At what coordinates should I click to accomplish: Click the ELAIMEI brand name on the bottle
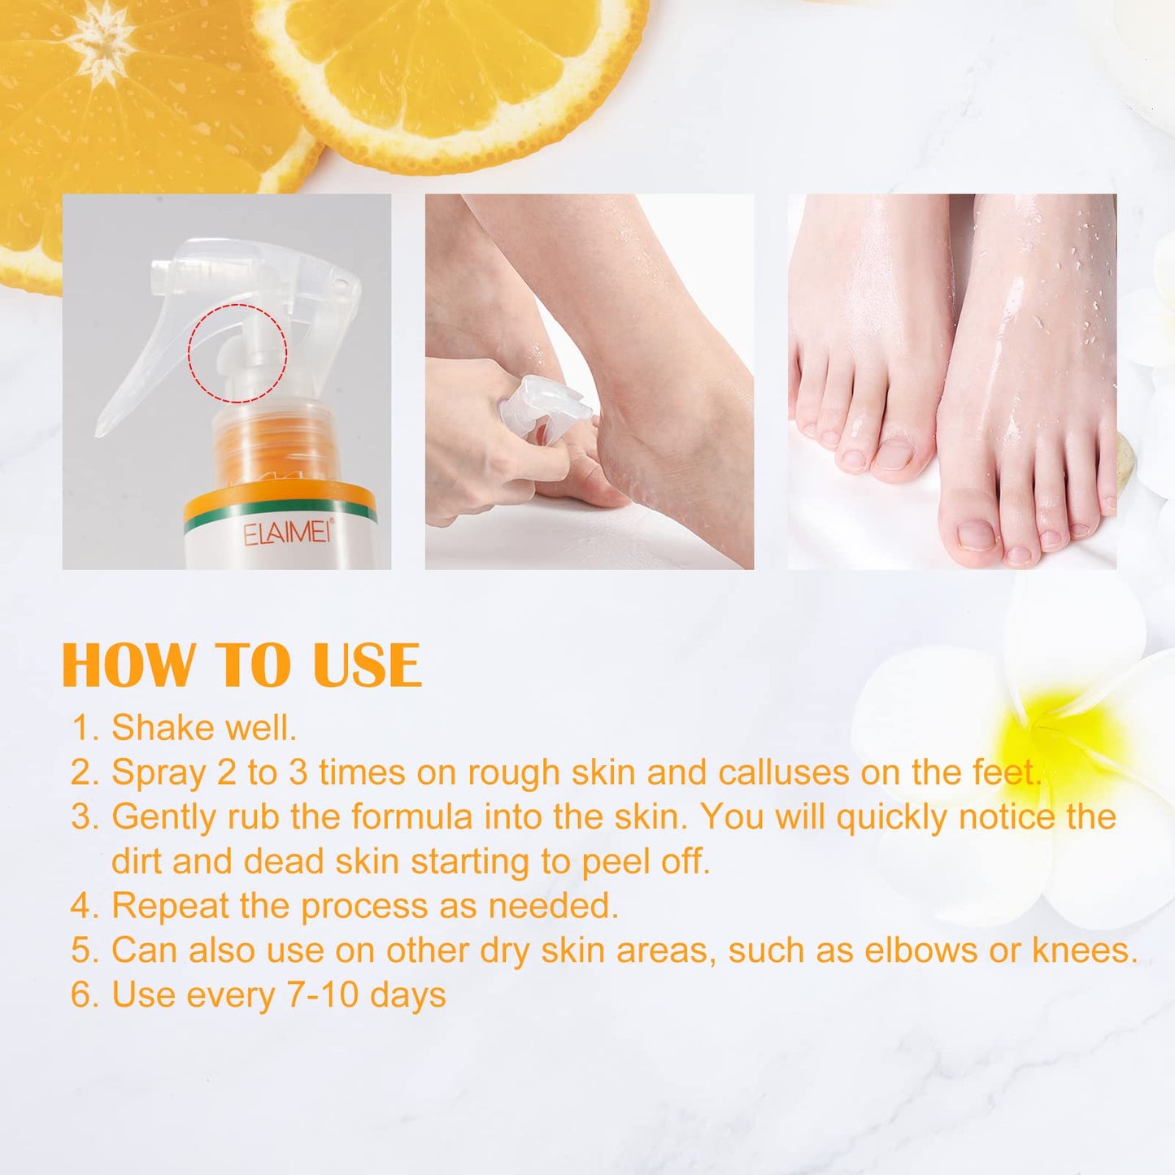click(286, 533)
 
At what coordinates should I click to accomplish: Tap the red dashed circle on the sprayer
click(237, 353)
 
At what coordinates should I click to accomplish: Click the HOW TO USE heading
click(242, 666)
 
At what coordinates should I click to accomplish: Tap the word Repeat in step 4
click(170, 906)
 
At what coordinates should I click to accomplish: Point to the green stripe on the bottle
click(280, 510)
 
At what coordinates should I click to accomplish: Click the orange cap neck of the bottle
click(272, 447)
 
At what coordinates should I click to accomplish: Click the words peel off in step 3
click(645, 862)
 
